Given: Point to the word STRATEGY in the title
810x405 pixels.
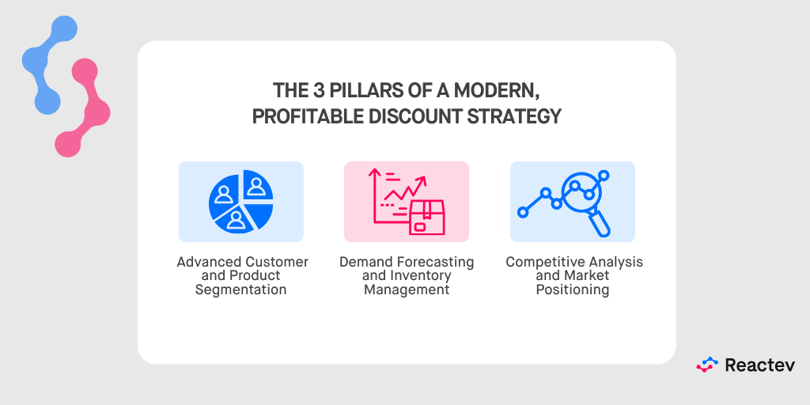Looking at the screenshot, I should pos(523,116).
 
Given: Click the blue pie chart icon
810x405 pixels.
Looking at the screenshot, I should pos(240,201).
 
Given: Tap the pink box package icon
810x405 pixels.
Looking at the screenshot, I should pos(426,217).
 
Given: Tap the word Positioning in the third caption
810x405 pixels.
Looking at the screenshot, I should pos(573,290).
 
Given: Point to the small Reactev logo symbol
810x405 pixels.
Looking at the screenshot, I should pos(706,365).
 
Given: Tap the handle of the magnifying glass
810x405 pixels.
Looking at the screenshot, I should pos(601,224).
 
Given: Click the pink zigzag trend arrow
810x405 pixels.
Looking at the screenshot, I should pos(404,191).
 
